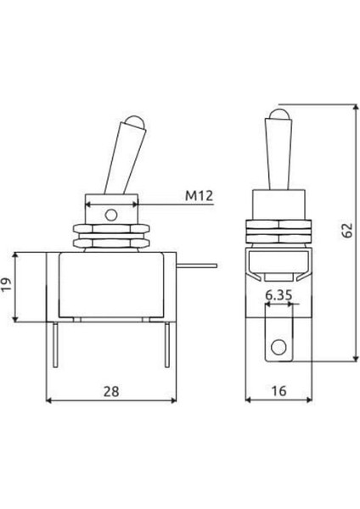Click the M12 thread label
tap(198, 196)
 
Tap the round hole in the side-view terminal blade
tap(277, 347)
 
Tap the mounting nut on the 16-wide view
tap(277, 232)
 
